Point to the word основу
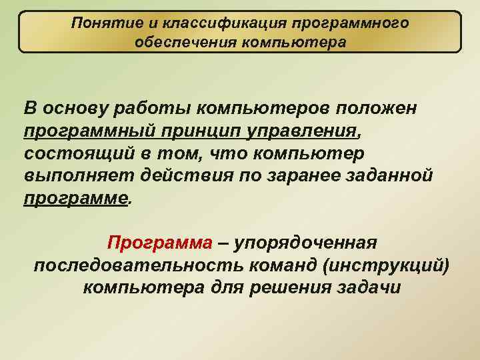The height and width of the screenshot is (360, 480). pyautogui.click(x=73, y=109)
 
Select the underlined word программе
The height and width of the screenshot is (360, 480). pyautogui.click(x=75, y=199)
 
